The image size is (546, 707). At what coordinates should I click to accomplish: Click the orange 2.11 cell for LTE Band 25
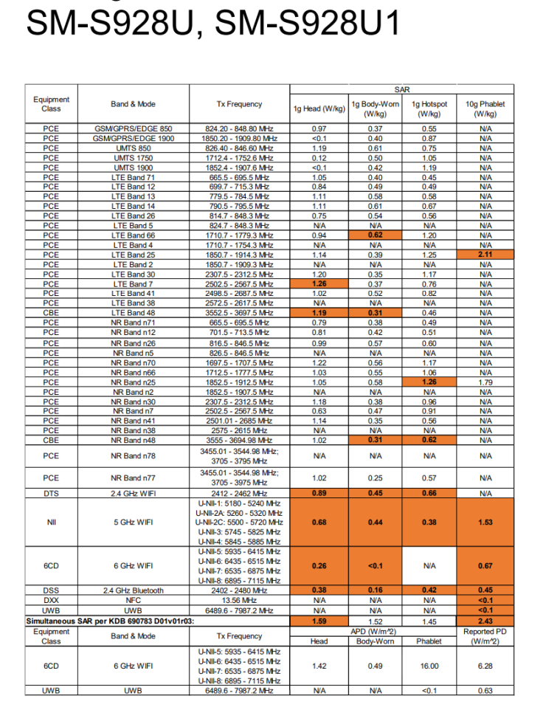(x=485, y=255)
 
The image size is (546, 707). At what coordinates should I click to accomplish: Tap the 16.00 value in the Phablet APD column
(x=429, y=665)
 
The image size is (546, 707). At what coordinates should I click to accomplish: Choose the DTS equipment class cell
(x=51, y=493)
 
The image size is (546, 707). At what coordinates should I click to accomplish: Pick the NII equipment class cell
(x=51, y=522)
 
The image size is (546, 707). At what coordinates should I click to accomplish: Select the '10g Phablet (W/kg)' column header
(x=485, y=109)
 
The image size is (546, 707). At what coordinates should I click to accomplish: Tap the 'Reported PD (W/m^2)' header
(x=485, y=636)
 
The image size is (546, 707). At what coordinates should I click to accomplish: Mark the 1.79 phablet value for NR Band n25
(x=485, y=382)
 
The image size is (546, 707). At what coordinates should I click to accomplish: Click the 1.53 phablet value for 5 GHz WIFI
(x=485, y=522)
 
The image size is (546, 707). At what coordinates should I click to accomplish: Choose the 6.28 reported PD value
(x=485, y=665)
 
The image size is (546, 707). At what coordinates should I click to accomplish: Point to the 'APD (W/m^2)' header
(x=373, y=632)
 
